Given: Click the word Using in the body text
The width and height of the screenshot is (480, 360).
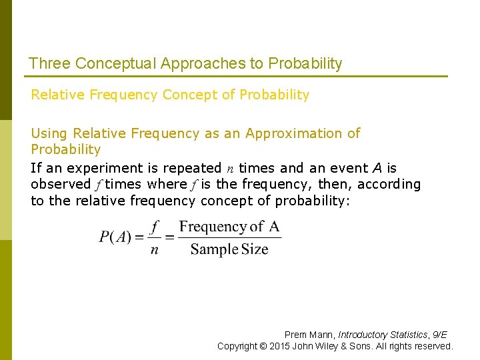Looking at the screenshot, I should click(49, 133).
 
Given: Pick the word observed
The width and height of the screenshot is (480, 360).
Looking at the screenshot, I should click(61, 184).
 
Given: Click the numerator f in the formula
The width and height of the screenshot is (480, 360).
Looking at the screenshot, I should click(155, 227).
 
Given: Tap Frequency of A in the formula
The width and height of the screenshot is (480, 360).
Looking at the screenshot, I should click(229, 227).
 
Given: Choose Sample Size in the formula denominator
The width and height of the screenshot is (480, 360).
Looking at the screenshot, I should click(229, 250).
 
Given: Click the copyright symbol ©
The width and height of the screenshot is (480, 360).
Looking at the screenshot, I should click(263, 346).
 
